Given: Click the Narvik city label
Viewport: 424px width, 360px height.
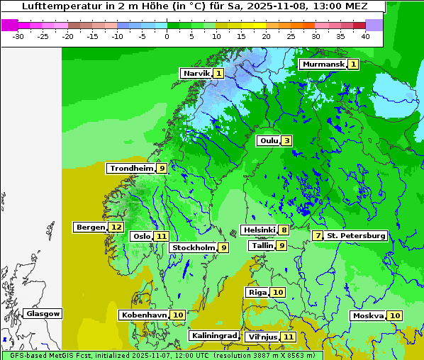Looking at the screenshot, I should coord(196,73).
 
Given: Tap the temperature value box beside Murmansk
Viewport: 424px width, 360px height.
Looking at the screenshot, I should coord(353,64).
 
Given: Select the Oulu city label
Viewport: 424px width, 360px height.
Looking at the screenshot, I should coord(269,140).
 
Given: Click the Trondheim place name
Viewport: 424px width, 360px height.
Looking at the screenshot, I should coord(131,168).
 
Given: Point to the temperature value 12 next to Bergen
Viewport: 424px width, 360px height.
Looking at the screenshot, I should coord(116,227).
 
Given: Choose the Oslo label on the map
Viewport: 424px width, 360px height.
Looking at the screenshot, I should coord(142,236).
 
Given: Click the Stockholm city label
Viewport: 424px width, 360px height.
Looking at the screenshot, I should coord(193,247).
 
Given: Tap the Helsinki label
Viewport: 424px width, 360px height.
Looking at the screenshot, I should coord(259,230).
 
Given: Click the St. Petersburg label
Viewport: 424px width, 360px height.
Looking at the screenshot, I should coord(356,235).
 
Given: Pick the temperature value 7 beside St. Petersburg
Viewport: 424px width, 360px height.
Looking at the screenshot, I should coord(318,235).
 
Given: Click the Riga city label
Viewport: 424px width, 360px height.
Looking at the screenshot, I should coord(257,292).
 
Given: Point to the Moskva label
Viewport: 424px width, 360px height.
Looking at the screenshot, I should coord(368,315).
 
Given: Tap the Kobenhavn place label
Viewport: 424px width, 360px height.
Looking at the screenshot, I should coord(143,315).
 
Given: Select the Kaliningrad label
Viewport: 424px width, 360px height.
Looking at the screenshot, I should coord(213,335).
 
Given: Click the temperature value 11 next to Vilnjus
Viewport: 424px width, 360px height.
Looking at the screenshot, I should coord(288,337).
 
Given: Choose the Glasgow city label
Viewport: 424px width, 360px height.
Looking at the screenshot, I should coord(43,313).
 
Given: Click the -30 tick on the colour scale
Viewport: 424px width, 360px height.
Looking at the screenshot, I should coord(18,35).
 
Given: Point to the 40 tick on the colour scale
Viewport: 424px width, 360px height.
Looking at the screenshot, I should coord(365,35).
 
